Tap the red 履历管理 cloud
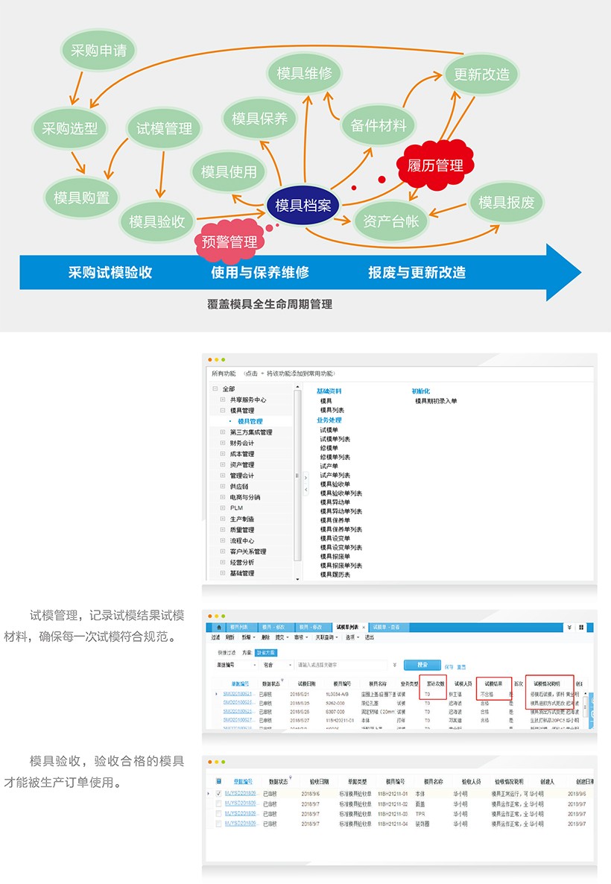[434, 165]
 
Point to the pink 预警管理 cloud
[229, 241]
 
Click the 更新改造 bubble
[481, 75]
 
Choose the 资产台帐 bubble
[390, 221]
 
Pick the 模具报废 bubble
[506, 203]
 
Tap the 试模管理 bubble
[164, 128]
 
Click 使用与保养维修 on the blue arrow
[260, 272]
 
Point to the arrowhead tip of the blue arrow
[579, 271]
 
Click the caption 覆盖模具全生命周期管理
[270, 304]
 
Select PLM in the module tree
[236, 508]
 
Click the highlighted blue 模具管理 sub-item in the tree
[250, 421]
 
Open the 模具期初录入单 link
[436, 401]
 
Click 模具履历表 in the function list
[335, 575]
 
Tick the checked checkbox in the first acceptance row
[218, 794]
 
